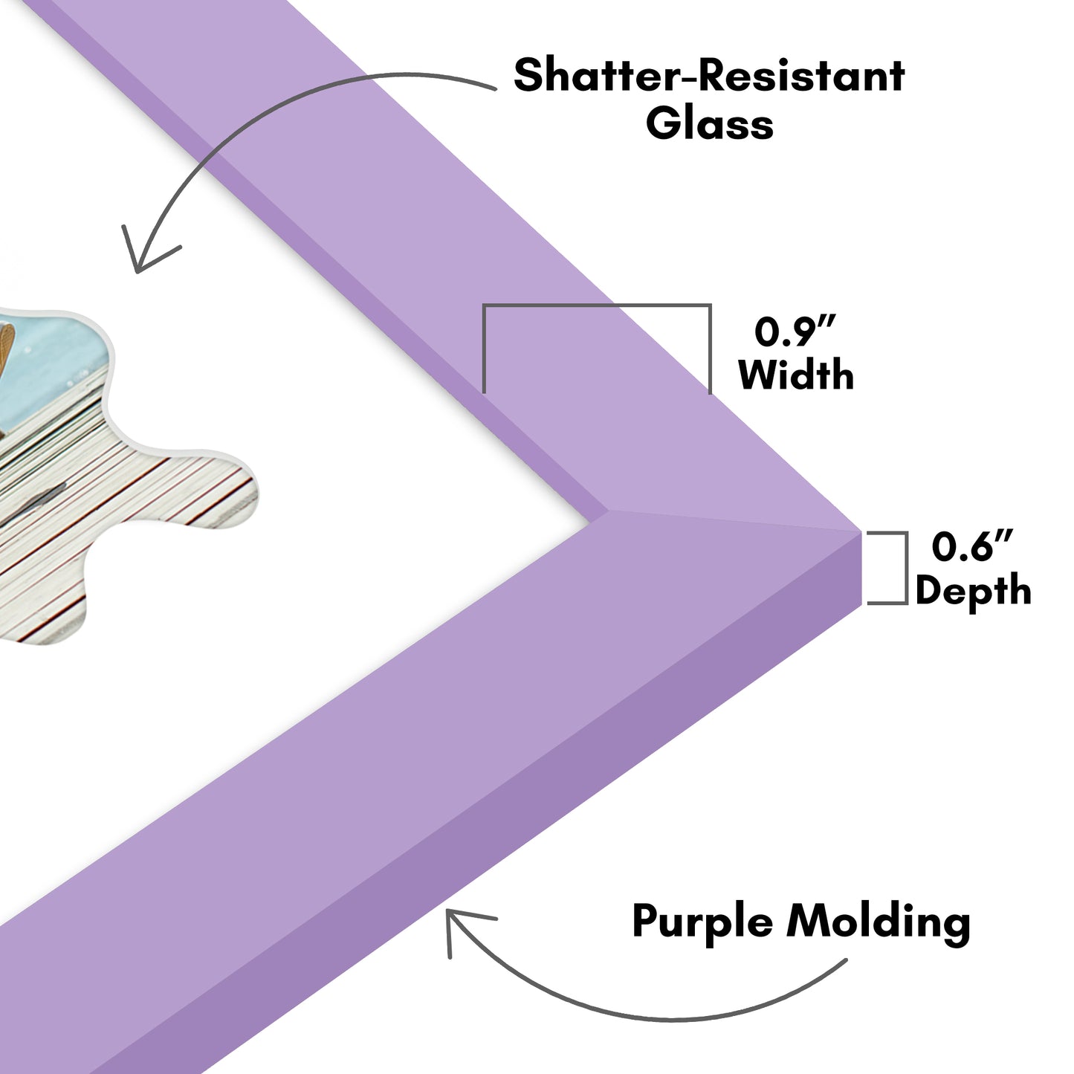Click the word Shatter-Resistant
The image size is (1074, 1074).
709,77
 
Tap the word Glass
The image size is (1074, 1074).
709,124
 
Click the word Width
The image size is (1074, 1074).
796,375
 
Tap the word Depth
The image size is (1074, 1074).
973,591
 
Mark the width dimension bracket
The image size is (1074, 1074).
597,306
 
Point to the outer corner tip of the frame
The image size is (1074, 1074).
860,531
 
